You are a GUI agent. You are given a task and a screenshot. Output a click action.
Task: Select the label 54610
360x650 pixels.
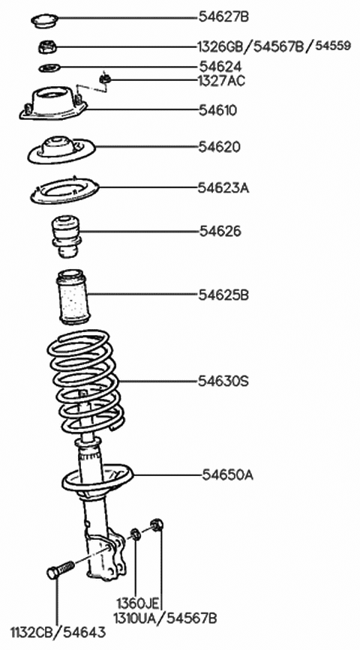tap(217, 110)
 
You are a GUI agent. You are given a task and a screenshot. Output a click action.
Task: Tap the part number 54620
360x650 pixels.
tap(220, 146)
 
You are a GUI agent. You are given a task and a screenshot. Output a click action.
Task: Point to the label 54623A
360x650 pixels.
tap(223, 187)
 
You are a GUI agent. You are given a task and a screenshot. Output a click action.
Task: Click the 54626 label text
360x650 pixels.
tap(220, 232)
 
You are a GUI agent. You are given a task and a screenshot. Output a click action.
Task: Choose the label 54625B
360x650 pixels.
tap(223, 295)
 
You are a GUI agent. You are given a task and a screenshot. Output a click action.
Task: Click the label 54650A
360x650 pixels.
tap(227, 475)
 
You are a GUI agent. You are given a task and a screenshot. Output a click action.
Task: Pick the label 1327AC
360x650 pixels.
tap(221, 79)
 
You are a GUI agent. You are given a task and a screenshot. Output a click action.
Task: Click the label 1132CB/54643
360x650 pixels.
tap(58, 632)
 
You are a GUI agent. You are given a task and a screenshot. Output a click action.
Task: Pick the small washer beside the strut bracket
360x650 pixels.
tap(136, 535)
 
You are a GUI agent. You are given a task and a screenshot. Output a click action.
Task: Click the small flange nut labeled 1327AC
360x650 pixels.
tap(106, 76)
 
